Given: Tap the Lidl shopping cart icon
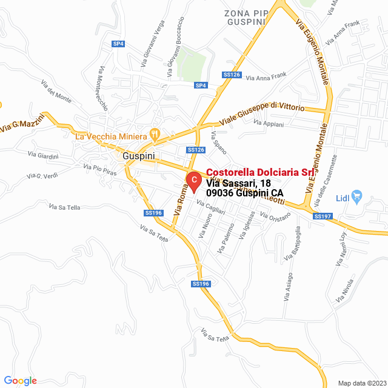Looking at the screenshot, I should pyautogui.click(x=356, y=196).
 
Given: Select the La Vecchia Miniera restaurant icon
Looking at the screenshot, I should pyautogui.click(x=155, y=134).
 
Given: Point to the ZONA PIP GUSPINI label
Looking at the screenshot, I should pyautogui.click(x=245, y=17).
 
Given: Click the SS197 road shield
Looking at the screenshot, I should pyautogui.click(x=323, y=216).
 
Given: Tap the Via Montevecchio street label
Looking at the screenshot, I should pyautogui.click(x=102, y=89).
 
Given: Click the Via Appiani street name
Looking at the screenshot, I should pyautogui.click(x=269, y=123).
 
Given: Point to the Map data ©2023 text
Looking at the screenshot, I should pyautogui.click(x=361, y=383).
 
